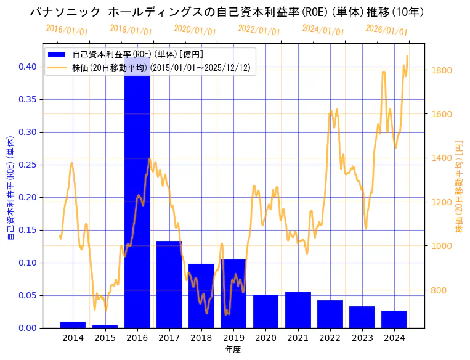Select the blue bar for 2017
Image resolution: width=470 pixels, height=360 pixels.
tap(169, 284)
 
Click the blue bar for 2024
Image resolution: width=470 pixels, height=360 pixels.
tap(394, 319)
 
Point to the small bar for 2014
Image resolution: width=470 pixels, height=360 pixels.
tap(73, 325)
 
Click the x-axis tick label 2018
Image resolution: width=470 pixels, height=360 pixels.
tap(201, 338)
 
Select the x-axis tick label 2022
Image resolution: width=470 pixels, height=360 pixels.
tap(330, 338)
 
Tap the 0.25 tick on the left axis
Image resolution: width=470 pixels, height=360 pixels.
tap(28, 165)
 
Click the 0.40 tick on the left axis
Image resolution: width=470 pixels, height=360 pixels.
tap(28, 67)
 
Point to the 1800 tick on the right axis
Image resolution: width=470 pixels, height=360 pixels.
tap(442, 70)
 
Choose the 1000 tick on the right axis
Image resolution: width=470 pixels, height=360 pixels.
tap(442, 246)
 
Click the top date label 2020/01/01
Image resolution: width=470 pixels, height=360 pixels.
tap(195, 30)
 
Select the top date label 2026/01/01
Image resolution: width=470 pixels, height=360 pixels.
tap(386, 30)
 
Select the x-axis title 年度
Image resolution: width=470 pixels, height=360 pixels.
tap(233, 350)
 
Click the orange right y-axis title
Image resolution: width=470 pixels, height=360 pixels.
tap(459, 187)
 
